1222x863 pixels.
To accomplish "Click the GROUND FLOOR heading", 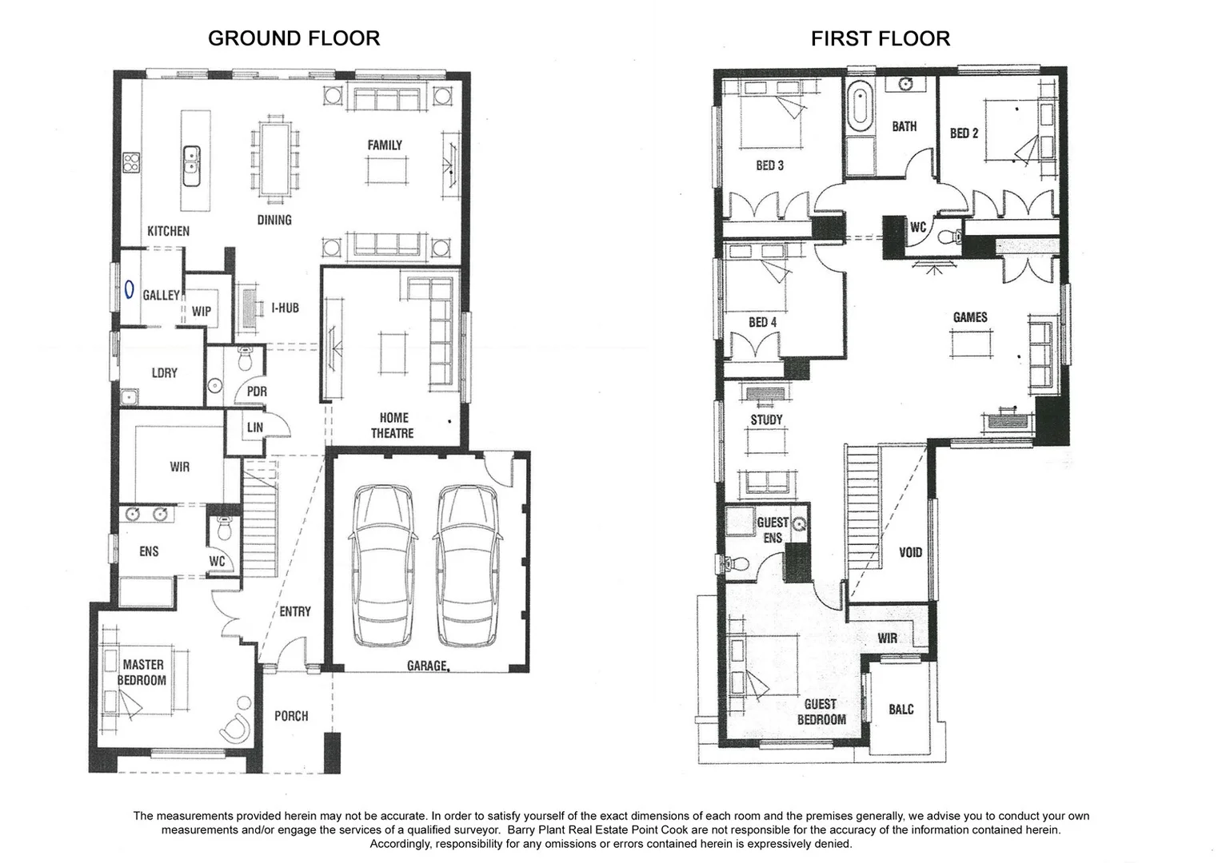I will pos(294,38).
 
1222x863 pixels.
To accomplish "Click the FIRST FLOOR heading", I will pos(880,38).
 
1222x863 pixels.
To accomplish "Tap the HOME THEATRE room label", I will pos(392,425).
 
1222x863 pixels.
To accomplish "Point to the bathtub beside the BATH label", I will pos(860,105).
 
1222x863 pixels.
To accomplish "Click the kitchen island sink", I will pos(191,161).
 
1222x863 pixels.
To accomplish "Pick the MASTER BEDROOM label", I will pos(143,672).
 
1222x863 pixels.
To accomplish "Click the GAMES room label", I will pos(969,317).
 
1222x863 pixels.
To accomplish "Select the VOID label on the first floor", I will pos(910,552).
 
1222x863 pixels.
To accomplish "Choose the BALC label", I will pos(901,710).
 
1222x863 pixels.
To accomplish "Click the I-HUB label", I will pos(285,308).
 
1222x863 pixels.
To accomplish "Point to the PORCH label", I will pos(291,716).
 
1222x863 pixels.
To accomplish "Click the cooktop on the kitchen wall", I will pos(131,163).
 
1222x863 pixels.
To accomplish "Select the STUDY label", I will pos(766,420).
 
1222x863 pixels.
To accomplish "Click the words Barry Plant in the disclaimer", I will pos(537,830).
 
